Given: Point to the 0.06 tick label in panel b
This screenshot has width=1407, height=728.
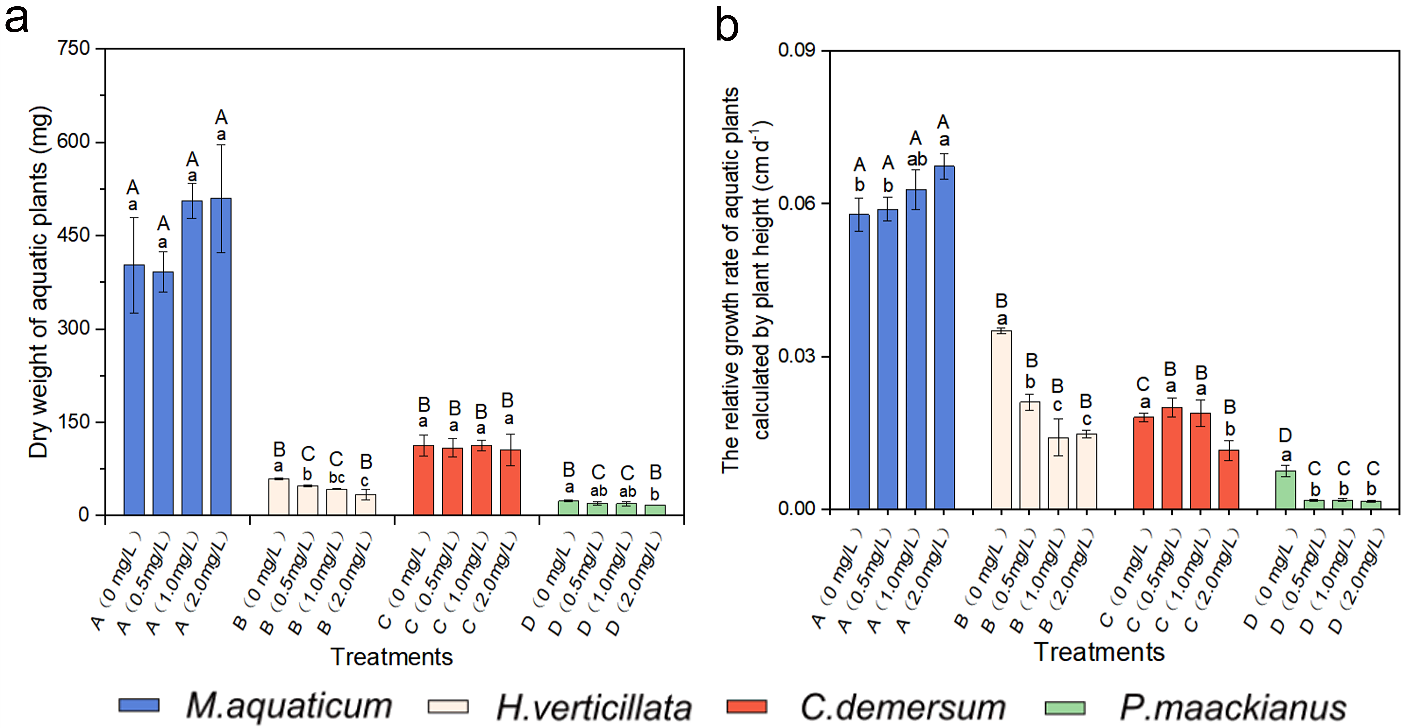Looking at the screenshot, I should [796, 203].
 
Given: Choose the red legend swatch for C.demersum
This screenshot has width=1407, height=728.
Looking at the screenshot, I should [747, 706].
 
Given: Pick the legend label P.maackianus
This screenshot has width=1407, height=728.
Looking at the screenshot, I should [1233, 707].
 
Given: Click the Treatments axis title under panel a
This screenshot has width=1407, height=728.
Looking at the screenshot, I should [392, 656].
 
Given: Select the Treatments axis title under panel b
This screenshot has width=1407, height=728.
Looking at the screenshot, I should [1099, 652].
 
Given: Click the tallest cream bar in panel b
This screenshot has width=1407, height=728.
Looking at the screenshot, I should [1001, 419].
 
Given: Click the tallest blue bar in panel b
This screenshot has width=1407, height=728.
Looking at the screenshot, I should [944, 337].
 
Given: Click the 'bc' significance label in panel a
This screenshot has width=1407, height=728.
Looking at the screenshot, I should [336, 478].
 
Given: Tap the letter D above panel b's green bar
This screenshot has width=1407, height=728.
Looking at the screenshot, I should [1285, 435].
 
